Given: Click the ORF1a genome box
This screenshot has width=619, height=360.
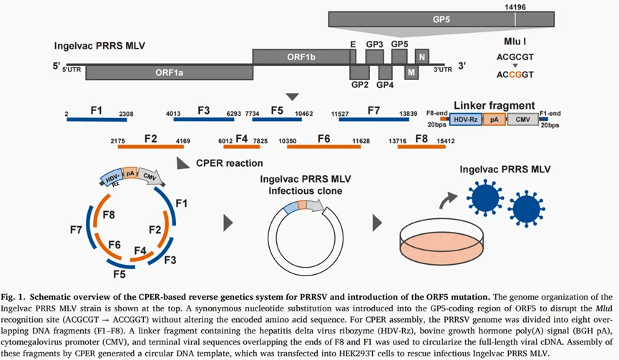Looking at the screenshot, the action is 170,72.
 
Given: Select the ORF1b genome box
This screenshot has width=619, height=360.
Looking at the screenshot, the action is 301,57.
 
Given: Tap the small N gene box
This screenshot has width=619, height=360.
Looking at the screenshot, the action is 422,57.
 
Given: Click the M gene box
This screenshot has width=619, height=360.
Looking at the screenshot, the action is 411,72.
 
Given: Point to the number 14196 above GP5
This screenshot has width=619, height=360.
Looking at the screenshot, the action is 515,6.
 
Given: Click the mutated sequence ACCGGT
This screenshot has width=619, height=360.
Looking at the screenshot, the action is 515,74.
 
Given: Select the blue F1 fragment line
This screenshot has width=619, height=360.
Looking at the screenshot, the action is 96,120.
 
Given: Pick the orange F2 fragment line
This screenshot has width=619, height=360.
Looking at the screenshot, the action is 151,147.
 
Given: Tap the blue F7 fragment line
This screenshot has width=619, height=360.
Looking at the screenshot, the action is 374,120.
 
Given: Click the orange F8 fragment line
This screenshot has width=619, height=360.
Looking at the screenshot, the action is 421,147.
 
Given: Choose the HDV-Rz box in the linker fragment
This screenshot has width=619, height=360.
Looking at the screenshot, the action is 466,120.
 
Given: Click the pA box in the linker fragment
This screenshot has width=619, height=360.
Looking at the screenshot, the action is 494,120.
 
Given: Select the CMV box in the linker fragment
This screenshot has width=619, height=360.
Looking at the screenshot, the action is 522,120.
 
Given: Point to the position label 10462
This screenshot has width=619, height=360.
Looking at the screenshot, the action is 304,114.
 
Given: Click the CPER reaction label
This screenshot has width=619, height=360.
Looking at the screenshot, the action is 230,163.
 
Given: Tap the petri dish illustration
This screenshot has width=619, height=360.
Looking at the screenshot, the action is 442,240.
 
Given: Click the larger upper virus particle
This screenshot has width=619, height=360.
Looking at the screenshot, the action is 485,198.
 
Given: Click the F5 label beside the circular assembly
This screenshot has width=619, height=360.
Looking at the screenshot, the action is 120,274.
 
